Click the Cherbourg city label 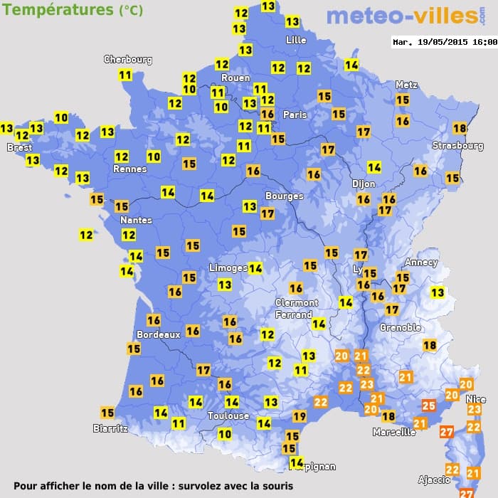tap(128, 60)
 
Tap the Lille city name tap(295, 40)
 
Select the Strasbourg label tap(457, 146)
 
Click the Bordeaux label tap(157, 334)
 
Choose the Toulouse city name tap(228, 415)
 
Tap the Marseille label tap(394, 432)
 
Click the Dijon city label tap(364, 184)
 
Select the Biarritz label tap(110, 428)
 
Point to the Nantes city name tap(136, 220)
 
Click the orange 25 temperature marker tap(428, 406)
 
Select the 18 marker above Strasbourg tap(460, 128)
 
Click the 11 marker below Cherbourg tap(125, 75)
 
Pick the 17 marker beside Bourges tap(267, 213)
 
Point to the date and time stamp tap(445, 42)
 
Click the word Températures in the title tap(58, 10)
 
